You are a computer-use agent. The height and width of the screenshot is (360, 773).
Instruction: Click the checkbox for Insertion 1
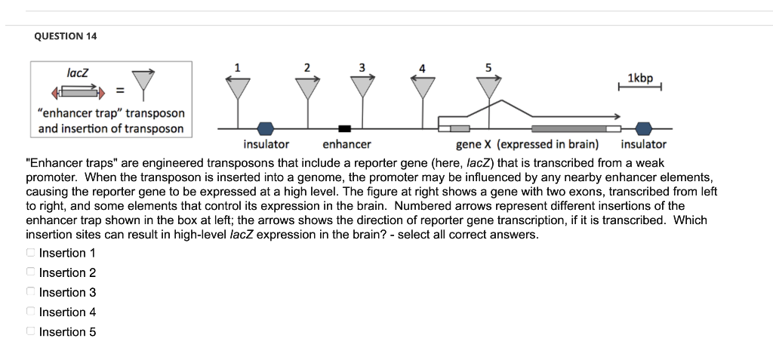(30, 253)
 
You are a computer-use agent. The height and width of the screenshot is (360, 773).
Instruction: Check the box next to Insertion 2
(30, 272)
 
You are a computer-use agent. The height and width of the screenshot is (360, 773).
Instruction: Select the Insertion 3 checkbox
(30, 292)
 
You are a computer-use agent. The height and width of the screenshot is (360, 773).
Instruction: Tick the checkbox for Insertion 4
(30, 312)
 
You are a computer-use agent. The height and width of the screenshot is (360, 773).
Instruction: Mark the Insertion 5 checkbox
(30, 331)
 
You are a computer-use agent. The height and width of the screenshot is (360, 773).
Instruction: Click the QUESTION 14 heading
(66, 36)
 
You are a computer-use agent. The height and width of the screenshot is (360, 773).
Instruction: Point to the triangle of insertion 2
(306, 88)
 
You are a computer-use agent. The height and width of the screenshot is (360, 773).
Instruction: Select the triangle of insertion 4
(422, 88)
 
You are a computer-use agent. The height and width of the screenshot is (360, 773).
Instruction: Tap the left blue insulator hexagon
(266, 128)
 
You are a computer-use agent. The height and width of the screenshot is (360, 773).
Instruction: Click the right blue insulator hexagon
(643, 128)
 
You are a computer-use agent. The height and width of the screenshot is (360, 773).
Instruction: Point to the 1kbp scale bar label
(640, 78)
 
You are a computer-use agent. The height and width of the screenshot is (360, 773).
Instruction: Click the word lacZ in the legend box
(78, 73)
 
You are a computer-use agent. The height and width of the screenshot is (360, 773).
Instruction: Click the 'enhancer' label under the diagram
(346, 144)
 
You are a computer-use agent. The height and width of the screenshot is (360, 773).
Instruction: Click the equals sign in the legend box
(119, 92)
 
